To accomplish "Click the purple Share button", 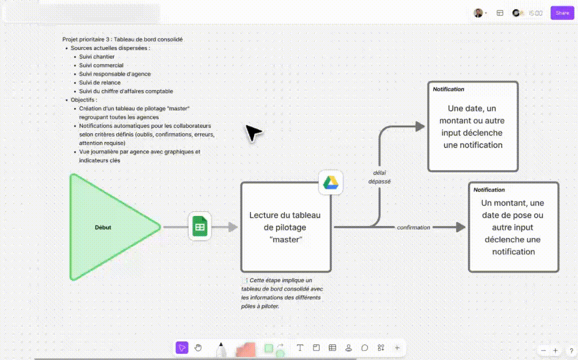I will click(562, 13).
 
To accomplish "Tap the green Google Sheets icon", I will click(199, 227).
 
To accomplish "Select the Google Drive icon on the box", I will click(330, 182).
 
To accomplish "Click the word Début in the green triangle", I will click(103, 227).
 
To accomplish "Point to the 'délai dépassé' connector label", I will click(379, 177).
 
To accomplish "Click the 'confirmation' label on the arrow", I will click(413, 227).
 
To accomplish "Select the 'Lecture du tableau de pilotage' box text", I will click(285, 227).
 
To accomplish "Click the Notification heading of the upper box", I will click(448, 89).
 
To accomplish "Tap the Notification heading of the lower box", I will click(489, 190).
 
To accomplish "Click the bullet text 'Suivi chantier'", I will click(96, 56).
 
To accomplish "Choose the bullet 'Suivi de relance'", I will click(99, 82).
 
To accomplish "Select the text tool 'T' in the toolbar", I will click(300, 348).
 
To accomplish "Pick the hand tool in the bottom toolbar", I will click(198, 348).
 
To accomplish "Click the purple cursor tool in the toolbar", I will click(182, 348).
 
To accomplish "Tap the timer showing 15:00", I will click(535, 13).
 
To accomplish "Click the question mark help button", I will click(571, 351).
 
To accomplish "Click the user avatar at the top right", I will click(478, 13).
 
